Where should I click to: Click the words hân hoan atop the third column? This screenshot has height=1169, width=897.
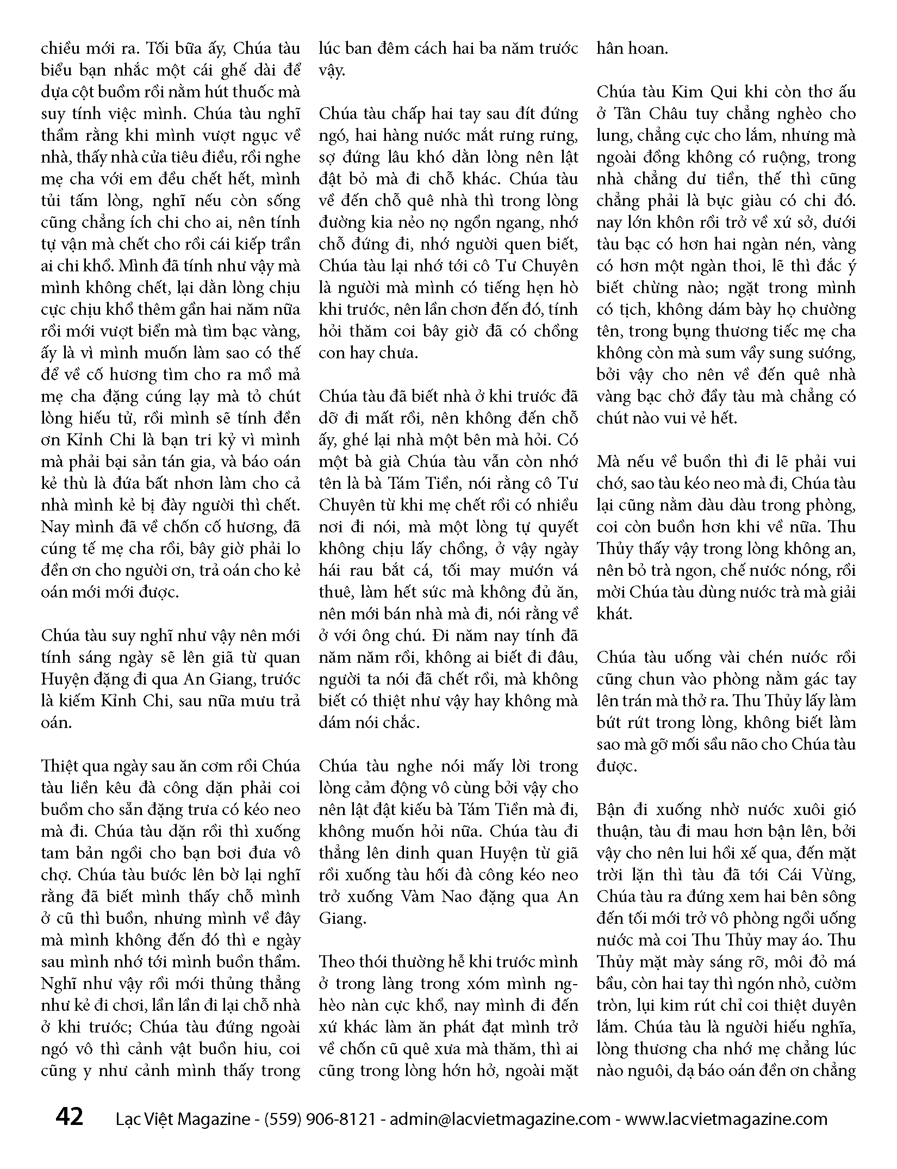(x=632, y=48)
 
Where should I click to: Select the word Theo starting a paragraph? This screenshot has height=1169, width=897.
(x=338, y=962)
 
